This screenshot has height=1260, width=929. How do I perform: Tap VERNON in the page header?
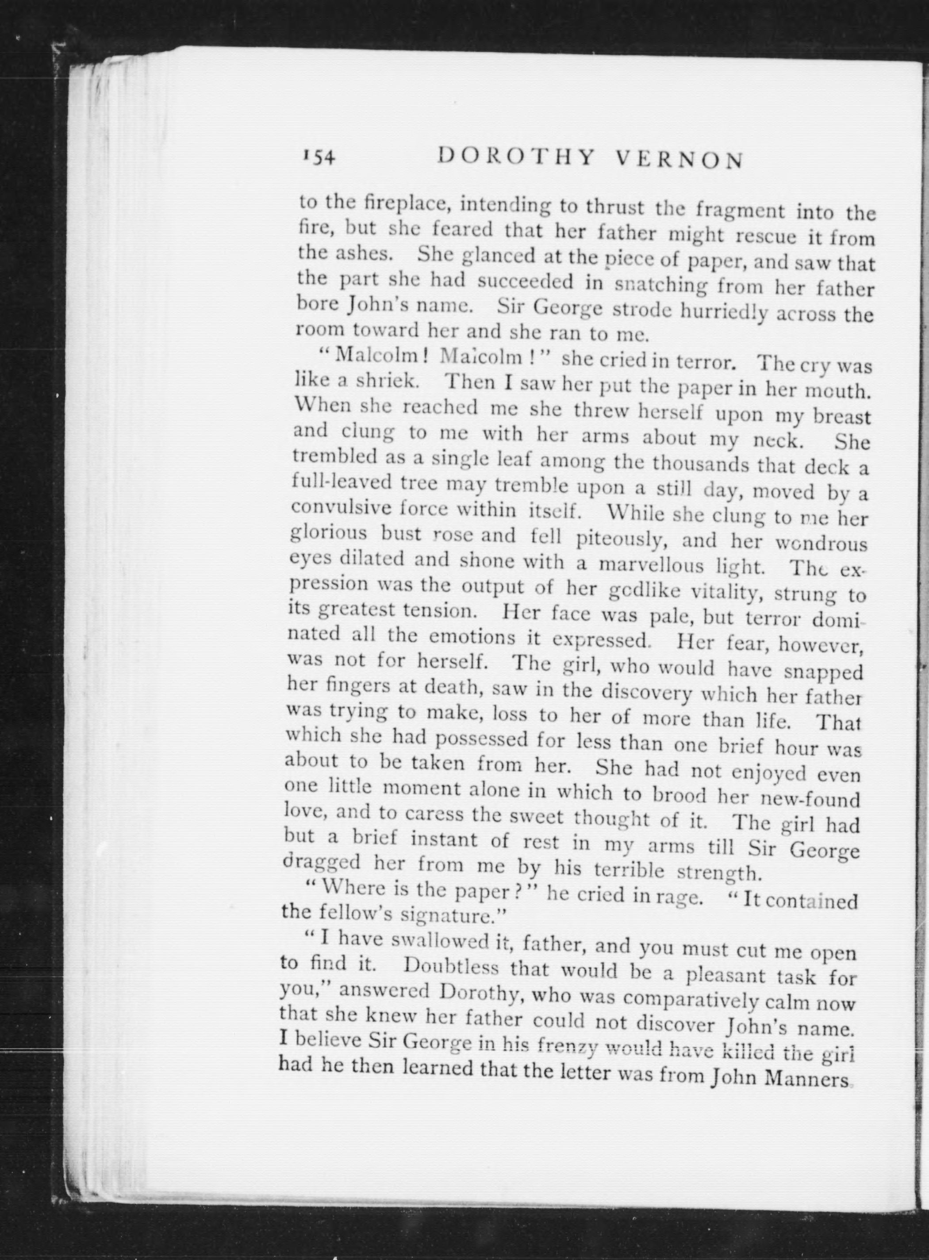680,161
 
